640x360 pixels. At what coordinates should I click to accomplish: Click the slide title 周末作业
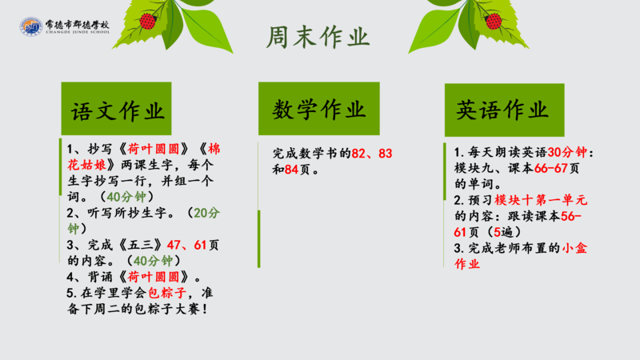tap(318, 37)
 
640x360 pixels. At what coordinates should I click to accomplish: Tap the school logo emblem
tap(31, 26)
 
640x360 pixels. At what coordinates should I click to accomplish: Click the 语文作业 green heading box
tap(116, 109)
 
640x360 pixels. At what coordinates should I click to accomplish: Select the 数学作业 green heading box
tap(318, 109)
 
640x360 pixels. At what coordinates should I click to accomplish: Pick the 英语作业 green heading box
tap(505, 110)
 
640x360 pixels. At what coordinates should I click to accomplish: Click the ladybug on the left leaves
tap(148, 22)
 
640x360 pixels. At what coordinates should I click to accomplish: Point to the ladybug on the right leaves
tap(494, 22)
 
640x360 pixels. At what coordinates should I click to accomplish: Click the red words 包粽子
tap(167, 293)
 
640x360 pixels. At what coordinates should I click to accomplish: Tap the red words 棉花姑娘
tap(144, 157)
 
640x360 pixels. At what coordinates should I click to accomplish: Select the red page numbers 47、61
tap(186, 245)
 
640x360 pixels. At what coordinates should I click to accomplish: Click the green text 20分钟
tap(144, 221)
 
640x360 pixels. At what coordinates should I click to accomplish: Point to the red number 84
tap(291, 170)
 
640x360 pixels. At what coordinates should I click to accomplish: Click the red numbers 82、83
tap(372, 154)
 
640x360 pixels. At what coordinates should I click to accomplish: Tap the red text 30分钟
tap(567, 152)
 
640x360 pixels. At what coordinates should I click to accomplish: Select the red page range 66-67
tap(551, 168)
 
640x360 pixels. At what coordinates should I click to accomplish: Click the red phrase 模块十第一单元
tap(541, 200)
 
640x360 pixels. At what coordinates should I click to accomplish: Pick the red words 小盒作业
tap(521, 256)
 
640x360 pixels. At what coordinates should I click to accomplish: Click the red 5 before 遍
tap(497, 232)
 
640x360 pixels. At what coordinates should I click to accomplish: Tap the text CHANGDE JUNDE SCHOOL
tap(78, 32)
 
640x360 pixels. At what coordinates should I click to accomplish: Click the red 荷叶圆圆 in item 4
tap(154, 277)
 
